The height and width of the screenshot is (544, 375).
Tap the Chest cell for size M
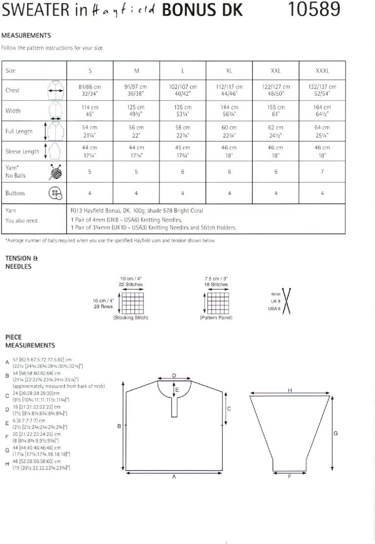(136, 90)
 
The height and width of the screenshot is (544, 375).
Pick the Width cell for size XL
(229, 111)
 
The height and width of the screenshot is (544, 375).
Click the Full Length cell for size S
(90, 131)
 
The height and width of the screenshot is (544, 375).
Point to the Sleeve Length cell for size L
(182, 151)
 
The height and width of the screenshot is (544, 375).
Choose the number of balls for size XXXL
(322, 171)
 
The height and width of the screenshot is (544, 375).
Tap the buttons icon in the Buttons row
(55, 193)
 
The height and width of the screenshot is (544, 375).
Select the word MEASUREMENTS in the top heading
(26, 36)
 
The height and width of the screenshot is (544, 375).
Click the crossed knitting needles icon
(286, 302)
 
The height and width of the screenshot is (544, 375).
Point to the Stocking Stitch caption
(130, 318)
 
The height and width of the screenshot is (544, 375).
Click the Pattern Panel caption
(216, 318)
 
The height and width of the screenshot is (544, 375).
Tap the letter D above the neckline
(174, 375)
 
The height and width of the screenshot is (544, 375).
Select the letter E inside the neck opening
(177, 390)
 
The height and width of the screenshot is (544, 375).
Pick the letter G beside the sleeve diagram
(336, 433)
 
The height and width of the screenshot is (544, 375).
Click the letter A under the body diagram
(174, 477)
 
